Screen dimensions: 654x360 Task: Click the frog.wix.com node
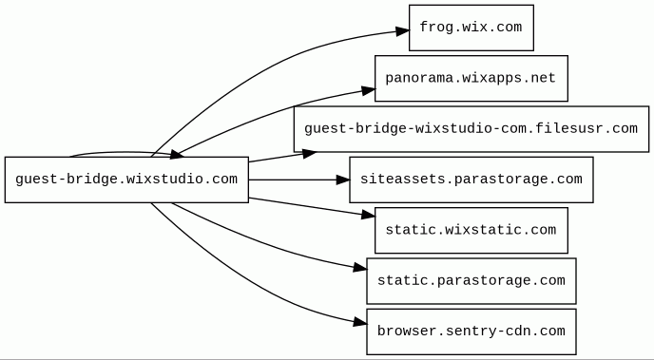click(x=471, y=28)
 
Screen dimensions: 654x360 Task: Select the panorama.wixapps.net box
click(x=471, y=78)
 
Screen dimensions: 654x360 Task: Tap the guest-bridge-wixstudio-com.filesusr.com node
click(x=471, y=129)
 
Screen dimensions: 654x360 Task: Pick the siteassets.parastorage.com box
click(x=471, y=180)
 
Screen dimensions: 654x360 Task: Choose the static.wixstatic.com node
click(x=471, y=231)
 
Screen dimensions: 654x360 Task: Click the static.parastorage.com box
click(x=471, y=281)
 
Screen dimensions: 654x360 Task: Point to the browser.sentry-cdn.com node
click(x=471, y=332)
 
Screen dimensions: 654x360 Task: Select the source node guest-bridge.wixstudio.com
click(x=126, y=180)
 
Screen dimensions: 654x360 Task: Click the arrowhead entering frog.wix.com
click(x=402, y=30)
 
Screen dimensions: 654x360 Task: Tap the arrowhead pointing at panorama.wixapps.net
click(x=368, y=90)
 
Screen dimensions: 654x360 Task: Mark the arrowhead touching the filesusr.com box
click(x=310, y=153)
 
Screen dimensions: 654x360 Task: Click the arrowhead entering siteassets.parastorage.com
click(x=342, y=180)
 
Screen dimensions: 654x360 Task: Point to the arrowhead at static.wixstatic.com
click(x=368, y=215)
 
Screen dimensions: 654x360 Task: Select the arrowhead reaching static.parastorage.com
click(x=360, y=268)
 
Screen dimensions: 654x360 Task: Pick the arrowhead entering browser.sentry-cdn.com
click(x=360, y=322)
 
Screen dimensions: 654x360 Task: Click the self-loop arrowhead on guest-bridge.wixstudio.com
click(x=177, y=155)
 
